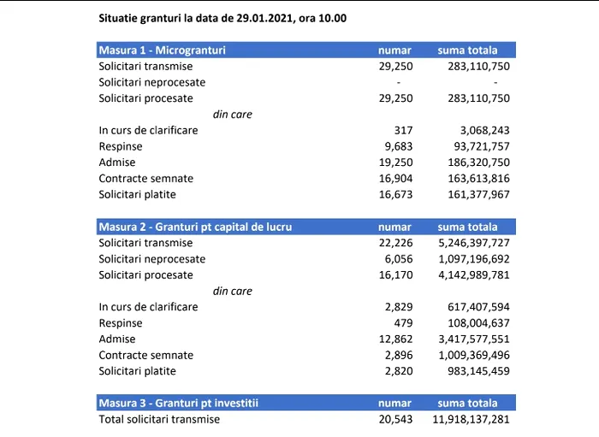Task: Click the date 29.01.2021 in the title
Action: point(264,18)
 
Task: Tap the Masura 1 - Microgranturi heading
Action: point(162,50)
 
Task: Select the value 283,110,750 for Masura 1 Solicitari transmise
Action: point(478,67)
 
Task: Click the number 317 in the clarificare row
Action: point(403,131)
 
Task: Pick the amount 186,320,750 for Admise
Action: point(478,162)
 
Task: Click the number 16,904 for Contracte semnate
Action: point(395,179)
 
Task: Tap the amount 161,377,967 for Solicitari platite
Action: point(478,195)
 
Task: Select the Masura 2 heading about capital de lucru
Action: point(195,227)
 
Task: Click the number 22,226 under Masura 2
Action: point(395,243)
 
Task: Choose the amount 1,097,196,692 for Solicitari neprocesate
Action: point(474,259)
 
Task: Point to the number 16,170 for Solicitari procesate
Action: point(395,275)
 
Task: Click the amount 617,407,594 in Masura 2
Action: point(478,307)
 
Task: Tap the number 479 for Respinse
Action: point(403,323)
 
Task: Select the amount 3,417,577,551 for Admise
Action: point(474,340)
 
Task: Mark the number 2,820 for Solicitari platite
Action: point(399,371)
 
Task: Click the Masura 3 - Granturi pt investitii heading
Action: point(178,404)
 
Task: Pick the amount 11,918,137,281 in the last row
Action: point(471,419)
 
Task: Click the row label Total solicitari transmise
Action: point(159,419)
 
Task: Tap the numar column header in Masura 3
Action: point(394,404)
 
